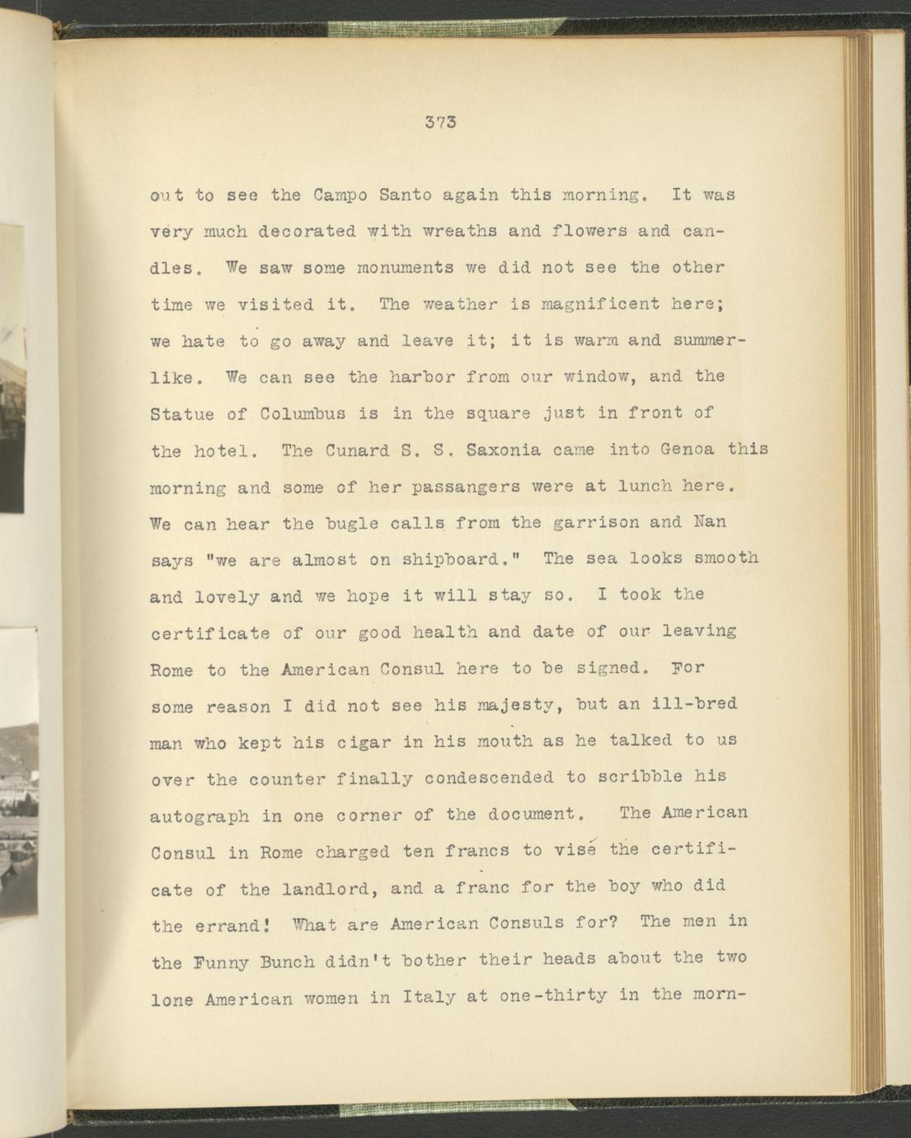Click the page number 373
[441, 123]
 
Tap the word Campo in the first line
[340, 196]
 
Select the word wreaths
[453, 232]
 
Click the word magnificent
[600, 303]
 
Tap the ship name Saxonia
[505, 450]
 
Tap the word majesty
[517, 706]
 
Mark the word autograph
[200, 816]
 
